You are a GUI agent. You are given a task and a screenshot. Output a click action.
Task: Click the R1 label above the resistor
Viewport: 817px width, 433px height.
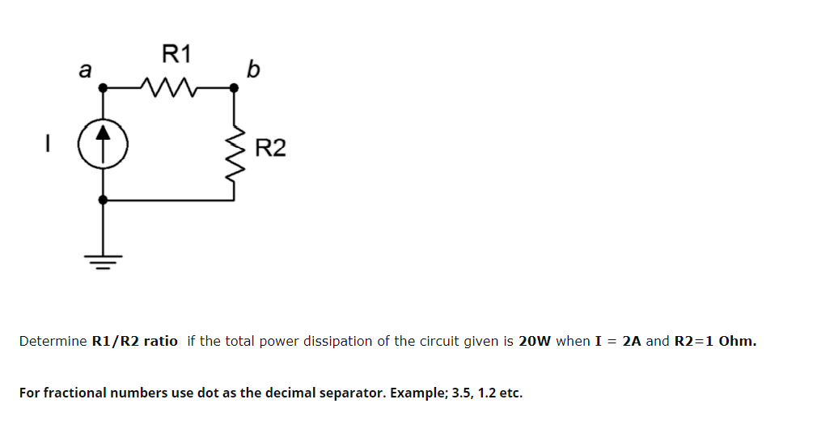(x=176, y=55)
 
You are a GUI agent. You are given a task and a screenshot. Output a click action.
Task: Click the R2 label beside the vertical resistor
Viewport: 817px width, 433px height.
(x=270, y=149)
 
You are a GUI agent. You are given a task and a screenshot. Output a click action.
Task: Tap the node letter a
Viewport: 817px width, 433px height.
(x=83, y=71)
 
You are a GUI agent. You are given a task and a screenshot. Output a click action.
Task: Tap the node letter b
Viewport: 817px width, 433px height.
(x=252, y=71)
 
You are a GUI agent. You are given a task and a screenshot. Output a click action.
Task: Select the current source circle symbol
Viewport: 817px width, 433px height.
(x=102, y=147)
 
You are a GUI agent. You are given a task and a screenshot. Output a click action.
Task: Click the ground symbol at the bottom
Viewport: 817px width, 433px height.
(x=102, y=260)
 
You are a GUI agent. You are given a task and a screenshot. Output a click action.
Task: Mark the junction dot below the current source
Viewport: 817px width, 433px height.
(x=102, y=199)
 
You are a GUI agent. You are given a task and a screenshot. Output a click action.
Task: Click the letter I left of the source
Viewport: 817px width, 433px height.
(x=48, y=147)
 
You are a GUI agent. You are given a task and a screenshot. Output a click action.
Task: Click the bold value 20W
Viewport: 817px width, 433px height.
(x=535, y=341)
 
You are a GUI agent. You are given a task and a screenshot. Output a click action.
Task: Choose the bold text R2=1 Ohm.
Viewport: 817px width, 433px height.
(x=715, y=341)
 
